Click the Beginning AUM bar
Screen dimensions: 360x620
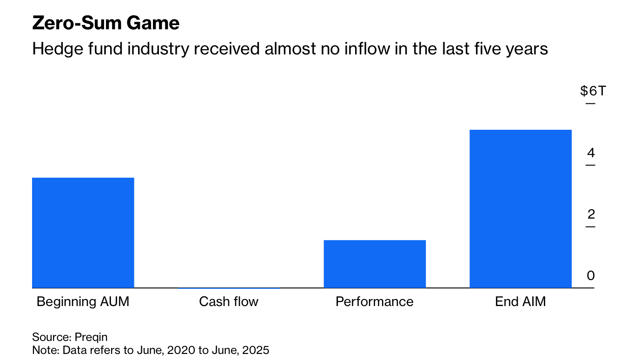pos(83,233)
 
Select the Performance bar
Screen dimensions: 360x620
pos(374,264)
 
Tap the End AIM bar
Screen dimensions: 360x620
pos(520,209)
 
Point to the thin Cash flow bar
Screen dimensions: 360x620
pos(229,288)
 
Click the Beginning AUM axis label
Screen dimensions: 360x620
pos(83,302)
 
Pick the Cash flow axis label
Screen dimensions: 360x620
pos(229,302)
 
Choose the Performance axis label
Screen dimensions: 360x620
pos(374,302)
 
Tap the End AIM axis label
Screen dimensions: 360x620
pos(520,302)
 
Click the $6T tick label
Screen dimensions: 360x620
pos(593,91)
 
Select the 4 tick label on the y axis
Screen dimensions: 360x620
pos(591,153)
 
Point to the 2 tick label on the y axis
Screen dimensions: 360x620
pos(591,214)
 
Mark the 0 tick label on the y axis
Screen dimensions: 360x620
pos(591,276)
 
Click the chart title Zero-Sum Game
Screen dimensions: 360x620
pos(106,23)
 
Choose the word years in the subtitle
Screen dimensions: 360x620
pos(526,49)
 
